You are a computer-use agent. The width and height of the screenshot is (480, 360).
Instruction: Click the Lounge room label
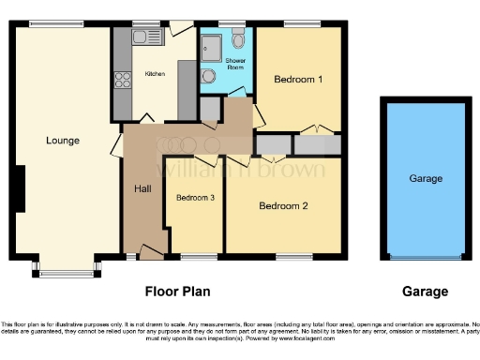63,141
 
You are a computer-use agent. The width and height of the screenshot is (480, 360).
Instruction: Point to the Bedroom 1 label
298,80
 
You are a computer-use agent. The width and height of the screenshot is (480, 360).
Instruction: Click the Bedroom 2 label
284,205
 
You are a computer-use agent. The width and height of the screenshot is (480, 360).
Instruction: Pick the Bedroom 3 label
195,198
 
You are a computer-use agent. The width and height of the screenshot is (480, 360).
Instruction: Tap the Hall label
142,189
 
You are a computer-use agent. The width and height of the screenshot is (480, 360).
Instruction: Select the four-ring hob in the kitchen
123,81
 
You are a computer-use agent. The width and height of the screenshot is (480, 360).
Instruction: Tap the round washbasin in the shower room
208,78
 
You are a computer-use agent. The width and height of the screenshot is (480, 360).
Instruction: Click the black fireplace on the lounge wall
18,188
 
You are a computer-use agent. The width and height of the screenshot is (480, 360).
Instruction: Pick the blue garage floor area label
425,178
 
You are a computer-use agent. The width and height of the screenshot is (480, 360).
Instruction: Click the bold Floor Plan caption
177,292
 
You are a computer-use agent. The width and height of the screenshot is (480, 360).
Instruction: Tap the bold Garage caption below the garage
424,292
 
